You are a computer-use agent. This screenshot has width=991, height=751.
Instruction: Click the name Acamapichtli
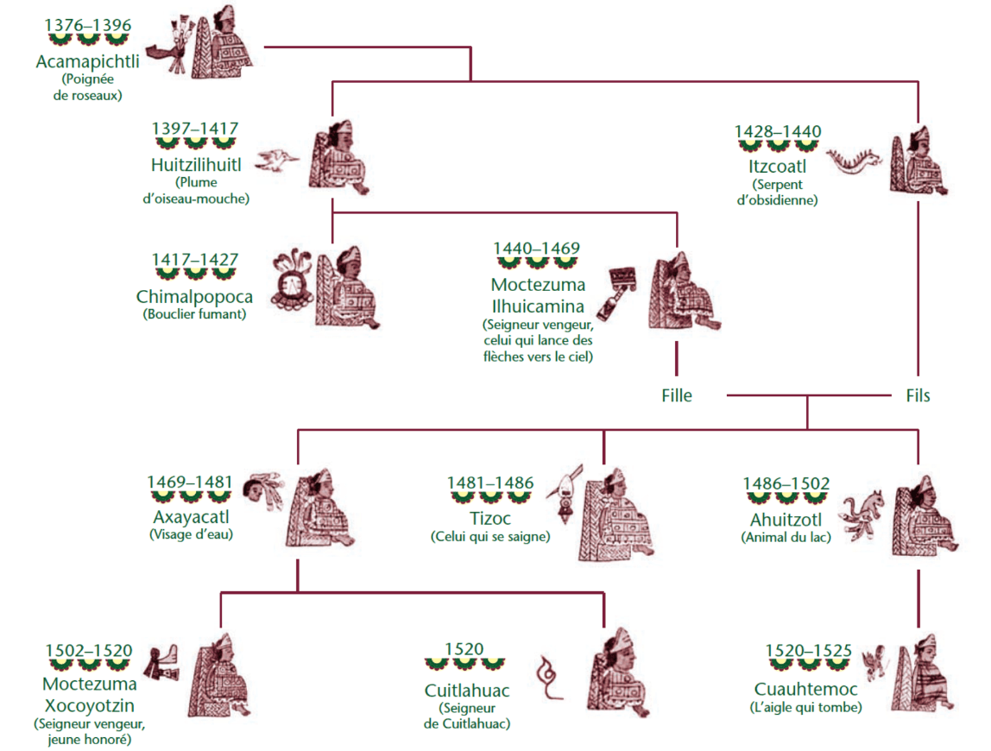pos(87,62)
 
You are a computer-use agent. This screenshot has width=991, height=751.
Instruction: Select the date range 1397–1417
pos(194,129)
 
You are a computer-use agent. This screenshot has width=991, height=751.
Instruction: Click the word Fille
pos(676,395)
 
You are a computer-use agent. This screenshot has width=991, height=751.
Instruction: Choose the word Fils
pos(918,395)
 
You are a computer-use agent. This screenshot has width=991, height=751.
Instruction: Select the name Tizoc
pos(490,519)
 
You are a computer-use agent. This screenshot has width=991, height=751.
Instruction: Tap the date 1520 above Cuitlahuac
pos(464,649)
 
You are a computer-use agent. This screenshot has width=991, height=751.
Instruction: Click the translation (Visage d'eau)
pos(191,534)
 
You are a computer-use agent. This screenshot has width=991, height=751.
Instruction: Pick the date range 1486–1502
pos(786,483)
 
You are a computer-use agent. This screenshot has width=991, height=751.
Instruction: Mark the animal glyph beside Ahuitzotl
pos(865,516)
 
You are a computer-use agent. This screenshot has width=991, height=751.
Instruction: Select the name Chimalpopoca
pos(194,297)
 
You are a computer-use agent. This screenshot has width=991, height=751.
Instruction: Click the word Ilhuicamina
pos(538,306)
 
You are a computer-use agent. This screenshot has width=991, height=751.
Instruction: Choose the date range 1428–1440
pos(778,131)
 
